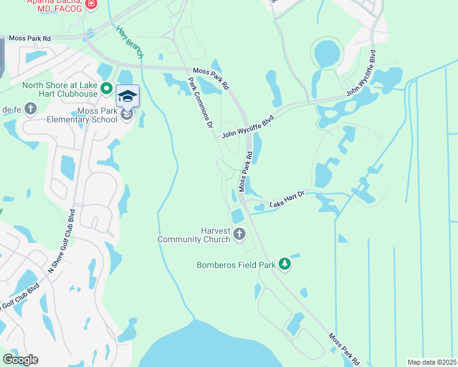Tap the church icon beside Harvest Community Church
click(239, 234)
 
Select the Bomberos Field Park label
click(235, 265)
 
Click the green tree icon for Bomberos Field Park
click(284, 264)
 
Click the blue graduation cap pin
click(127, 96)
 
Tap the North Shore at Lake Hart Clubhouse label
click(60, 89)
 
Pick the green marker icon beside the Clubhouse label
click(105, 89)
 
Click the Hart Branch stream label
click(129, 42)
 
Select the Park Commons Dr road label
click(200, 102)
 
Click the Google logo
click(20, 360)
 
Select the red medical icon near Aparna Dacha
click(91, 4)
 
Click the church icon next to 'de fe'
click(31, 109)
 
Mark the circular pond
click(327, 54)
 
